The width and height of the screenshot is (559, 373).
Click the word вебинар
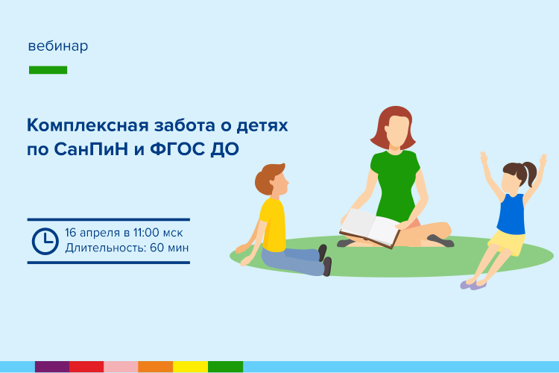(x=57, y=46)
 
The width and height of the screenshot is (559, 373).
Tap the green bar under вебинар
(x=48, y=70)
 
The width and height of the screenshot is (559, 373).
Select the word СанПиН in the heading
(x=91, y=149)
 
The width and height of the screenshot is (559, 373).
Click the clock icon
(x=45, y=241)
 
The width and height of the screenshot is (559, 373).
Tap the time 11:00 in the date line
(x=146, y=233)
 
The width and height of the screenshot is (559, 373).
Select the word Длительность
(x=106, y=248)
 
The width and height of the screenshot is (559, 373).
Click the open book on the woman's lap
(x=370, y=228)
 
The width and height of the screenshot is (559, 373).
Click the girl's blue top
(x=511, y=213)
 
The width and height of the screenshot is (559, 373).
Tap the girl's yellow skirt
(x=507, y=242)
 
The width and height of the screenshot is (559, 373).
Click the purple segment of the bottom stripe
(x=52, y=366)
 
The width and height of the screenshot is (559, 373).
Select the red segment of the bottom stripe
(x=86, y=366)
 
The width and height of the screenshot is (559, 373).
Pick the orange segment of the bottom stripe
(x=156, y=366)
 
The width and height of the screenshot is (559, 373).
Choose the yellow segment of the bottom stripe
(x=190, y=366)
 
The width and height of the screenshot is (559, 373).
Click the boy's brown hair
(x=268, y=178)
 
